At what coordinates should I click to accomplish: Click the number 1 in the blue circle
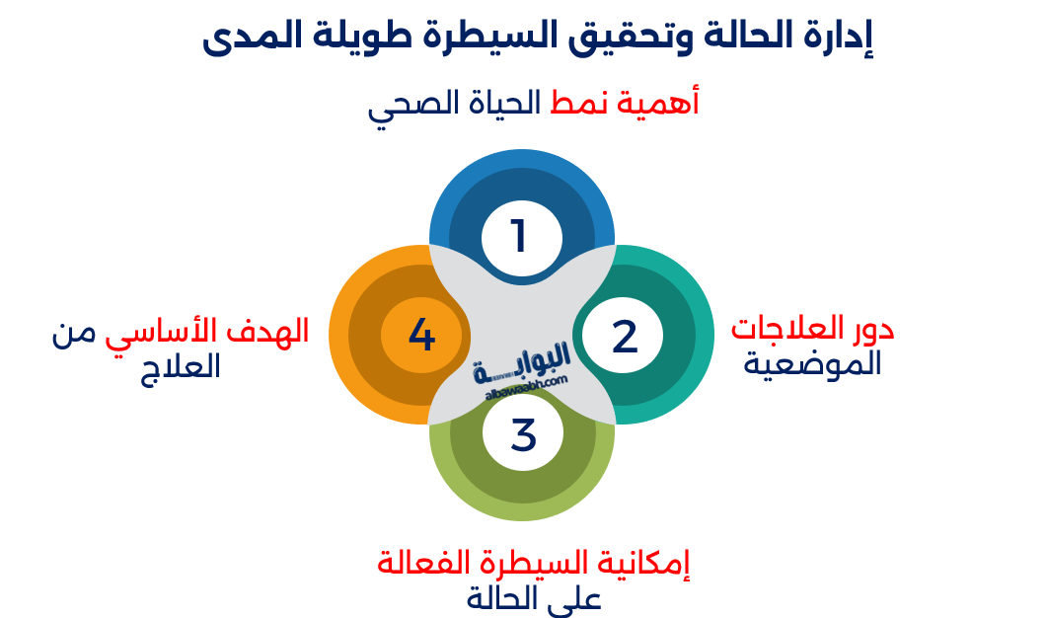point(519,236)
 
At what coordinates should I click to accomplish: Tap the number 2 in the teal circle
point(625,337)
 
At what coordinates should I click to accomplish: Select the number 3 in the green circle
point(523,435)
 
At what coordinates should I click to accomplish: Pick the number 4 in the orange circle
point(421,336)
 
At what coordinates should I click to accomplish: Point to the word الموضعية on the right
point(812,364)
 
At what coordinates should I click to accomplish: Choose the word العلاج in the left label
point(182,366)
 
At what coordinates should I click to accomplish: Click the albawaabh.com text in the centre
point(527,385)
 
